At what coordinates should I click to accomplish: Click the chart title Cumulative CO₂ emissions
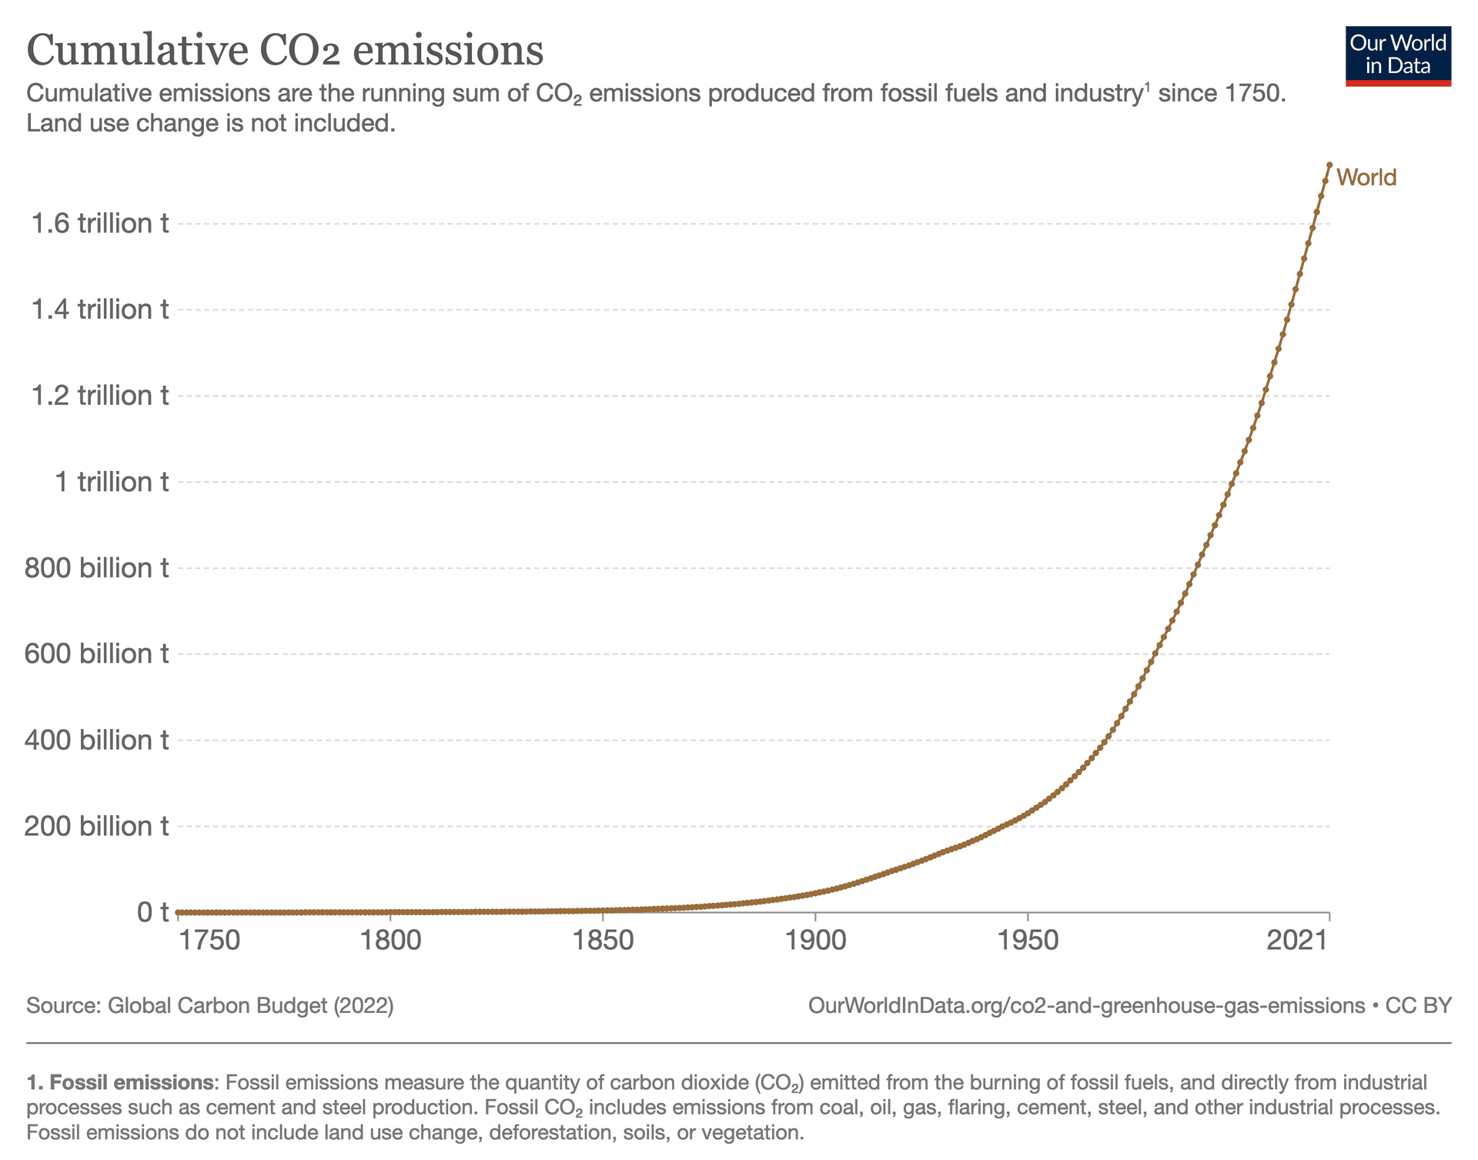[285, 51]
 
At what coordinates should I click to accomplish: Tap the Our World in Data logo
[1398, 56]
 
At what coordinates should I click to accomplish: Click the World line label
[1366, 178]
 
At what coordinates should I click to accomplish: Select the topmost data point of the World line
[1329, 165]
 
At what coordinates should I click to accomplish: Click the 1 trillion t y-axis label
[112, 482]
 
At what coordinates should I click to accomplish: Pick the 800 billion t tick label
[97, 568]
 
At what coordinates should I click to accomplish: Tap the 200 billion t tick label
[97, 826]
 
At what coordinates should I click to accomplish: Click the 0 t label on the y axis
[152, 912]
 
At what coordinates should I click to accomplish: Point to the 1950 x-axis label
[1028, 941]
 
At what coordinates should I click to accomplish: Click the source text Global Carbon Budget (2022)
[250, 1006]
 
